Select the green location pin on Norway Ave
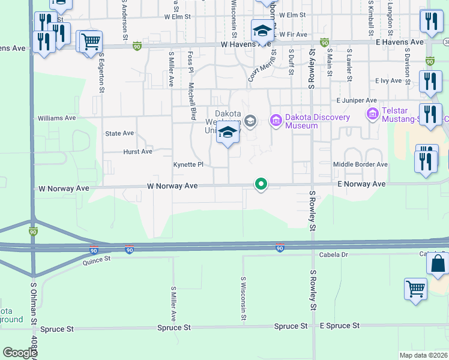261,184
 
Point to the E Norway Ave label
361,184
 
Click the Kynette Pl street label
188,164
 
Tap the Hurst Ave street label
137,152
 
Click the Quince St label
97,259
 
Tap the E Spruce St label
339,325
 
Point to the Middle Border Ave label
360,164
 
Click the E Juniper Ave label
357,101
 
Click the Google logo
19,353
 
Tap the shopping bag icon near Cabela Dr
438,263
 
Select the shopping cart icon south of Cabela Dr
415,288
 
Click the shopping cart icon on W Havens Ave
91,41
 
